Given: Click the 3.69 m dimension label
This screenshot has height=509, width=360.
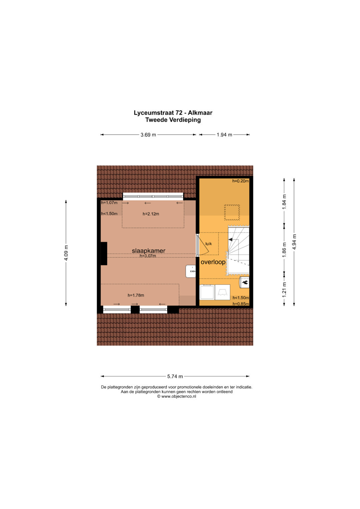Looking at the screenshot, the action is click(x=148, y=135).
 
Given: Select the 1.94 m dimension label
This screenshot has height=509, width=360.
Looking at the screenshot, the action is click(x=224, y=135).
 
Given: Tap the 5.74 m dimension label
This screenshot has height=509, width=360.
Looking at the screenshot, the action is click(x=175, y=376).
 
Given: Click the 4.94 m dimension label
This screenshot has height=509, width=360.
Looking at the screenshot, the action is click(x=294, y=242).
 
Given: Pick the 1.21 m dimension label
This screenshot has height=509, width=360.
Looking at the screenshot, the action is click(x=284, y=290).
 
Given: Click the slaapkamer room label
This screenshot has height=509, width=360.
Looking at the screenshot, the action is click(x=149, y=251).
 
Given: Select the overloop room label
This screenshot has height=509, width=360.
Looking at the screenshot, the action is click(x=213, y=262).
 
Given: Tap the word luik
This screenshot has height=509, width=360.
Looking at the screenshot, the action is click(x=208, y=244).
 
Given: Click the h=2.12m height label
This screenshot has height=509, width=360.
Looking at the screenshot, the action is click(x=151, y=214).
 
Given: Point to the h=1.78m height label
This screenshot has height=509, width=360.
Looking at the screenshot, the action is click(x=136, y=295).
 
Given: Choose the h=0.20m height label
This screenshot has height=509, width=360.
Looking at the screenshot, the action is click(x=240, y=181).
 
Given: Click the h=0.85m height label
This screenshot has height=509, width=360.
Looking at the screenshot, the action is click(x=241, y=304).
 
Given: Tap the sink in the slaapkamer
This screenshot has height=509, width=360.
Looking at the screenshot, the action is click(x=191, y=271).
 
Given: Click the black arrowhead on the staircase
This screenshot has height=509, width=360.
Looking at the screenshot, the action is click(x=230, y=240).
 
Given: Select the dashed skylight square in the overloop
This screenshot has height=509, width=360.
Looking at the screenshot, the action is click(x=232, y=212).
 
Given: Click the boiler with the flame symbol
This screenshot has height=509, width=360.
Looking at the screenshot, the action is click(x=244, y=282).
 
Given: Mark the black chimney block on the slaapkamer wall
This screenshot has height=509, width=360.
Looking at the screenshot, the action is click(x=104, y=254).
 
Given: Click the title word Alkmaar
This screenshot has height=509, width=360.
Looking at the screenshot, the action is click(x=200, y=113).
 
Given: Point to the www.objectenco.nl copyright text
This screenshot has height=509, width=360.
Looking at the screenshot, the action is click(x=177, y=396).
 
